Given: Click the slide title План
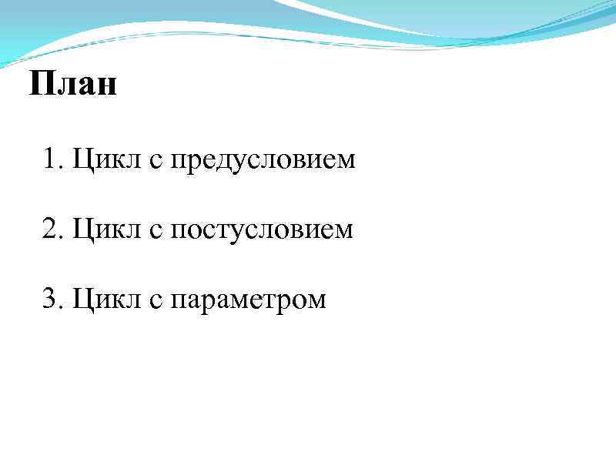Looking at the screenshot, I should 73,84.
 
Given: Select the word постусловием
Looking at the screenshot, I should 262,230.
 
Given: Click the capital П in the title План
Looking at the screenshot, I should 41,84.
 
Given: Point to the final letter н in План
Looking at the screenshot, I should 107,86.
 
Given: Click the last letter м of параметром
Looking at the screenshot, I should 316,300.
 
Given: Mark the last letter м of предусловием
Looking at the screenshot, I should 346,162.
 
